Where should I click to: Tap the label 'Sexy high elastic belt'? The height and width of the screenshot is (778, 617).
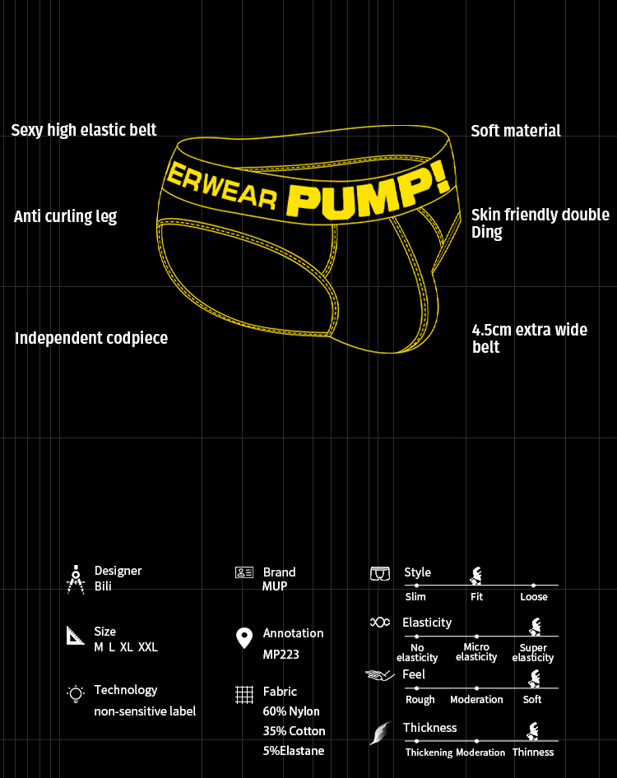(x=84, y=130)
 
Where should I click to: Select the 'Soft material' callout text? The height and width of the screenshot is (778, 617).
(x=516, y=131)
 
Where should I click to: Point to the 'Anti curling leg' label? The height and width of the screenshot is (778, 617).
(x=66, y=216)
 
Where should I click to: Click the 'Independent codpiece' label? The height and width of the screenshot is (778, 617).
(x=91, y=338)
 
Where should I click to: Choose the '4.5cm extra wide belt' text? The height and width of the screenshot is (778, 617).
(x=529, y=338)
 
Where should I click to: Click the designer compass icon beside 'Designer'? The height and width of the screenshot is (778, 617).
(x=76, y=579)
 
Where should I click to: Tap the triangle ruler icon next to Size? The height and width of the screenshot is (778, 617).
(x=76, y=636)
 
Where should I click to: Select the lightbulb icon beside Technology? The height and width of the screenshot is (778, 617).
(x=76, y=694)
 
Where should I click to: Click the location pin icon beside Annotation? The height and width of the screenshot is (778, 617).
(x=244, y=638)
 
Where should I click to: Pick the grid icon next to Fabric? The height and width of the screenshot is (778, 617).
(x=244, y=694)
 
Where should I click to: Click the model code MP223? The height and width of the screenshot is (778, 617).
(x=281, y=655)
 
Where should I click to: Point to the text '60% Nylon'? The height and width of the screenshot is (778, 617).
(x=291, y=711)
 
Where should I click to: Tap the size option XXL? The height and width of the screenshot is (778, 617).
(x=148, y=647)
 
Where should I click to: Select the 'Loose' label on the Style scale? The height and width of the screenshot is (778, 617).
(x=534, y=597)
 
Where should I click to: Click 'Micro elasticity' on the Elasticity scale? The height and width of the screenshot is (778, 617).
(x=476, y=652)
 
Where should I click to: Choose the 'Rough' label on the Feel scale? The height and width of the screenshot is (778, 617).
(x=420, y=700)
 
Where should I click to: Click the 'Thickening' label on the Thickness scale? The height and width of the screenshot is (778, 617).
(x=429, y=753)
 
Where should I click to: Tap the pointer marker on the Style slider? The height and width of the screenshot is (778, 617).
(x=476, y=576)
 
